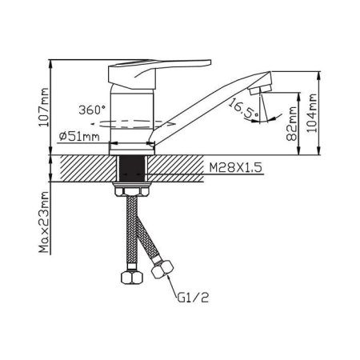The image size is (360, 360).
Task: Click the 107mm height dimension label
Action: [x=44, y=107]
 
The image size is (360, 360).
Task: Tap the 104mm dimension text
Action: [x=312, y=113]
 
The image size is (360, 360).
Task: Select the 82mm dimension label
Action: [x=292, y=123]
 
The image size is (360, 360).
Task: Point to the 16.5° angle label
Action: [x=243, y=110]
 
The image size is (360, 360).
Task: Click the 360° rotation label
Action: [x=92, y=110]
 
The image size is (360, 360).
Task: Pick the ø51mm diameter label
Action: [x=79, y=137]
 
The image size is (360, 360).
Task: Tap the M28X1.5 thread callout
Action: [x=235, y=168]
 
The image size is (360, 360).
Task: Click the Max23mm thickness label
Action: [x=44, y=222]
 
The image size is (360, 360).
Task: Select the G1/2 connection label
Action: [x=193, y=298]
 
